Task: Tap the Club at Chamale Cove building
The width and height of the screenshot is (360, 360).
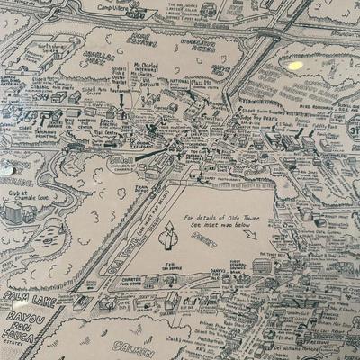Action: tap(12, 212)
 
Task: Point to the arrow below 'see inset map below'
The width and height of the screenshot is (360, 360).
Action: tap(249, 237)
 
